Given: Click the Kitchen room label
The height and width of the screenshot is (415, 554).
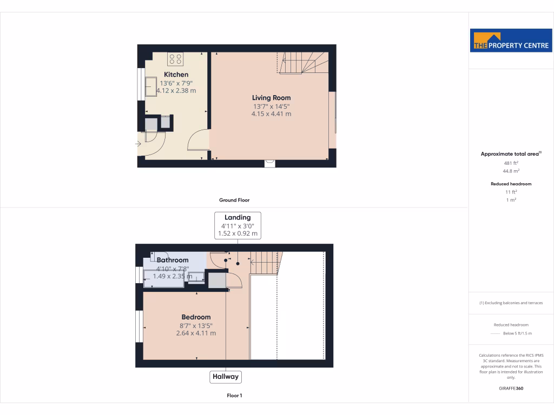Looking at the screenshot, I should (176, 75).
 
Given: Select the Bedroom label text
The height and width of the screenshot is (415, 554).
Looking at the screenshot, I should (196, 317).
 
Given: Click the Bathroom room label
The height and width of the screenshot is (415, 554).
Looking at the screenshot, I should (173, 260).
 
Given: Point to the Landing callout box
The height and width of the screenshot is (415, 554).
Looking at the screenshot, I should (238, 225).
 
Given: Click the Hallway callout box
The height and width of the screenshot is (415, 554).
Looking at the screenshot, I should (225, 377).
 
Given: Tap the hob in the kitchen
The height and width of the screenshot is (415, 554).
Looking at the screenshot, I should (175, 58).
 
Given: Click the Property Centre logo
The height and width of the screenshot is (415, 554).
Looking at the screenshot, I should (511, 41).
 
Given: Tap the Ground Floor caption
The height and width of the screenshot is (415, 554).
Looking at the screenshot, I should (234, 200).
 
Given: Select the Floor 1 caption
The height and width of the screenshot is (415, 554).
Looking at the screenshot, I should (234, 396).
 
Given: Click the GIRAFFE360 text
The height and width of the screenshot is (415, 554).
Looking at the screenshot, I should (511, 388).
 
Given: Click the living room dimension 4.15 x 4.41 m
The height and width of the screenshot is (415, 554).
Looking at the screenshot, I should (271, 114).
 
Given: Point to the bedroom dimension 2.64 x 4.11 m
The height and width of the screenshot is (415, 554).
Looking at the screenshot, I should (196, 333).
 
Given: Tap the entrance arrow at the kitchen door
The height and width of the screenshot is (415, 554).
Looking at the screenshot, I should (138, 144).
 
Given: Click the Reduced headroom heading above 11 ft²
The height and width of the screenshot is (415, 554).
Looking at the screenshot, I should (511, 184).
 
